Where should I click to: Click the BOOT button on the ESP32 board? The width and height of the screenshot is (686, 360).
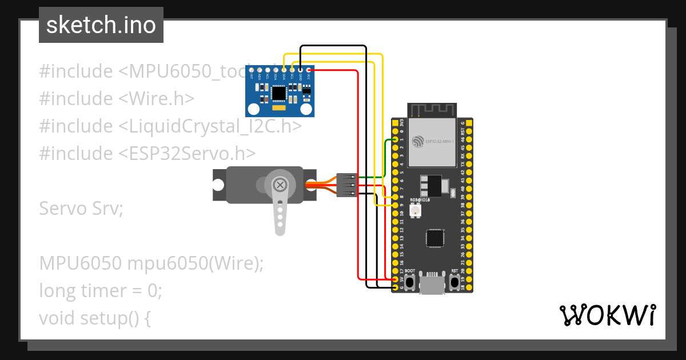tap(410, 281)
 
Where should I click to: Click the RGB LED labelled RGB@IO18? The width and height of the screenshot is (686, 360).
tap(416, 211)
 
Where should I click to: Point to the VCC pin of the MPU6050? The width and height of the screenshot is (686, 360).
tap(309, 70)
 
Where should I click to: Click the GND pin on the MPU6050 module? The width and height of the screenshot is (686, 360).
tap(301, 70)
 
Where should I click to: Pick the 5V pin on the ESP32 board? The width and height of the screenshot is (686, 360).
tap(395, 279)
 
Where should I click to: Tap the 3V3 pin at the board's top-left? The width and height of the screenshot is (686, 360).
tap(395, 123)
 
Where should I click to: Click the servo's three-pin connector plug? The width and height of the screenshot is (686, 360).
tap(347, 185)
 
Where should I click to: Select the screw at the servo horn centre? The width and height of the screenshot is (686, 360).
tap(280, 185)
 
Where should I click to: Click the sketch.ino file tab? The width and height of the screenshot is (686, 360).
tap(101, 25)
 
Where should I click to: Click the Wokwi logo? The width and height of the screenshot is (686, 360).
tap(607, 315)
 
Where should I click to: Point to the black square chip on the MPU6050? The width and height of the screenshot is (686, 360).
tap(279, 93)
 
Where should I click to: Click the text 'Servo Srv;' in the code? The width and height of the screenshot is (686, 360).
tap(81, 209)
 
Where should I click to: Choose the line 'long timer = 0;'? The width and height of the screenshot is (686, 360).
tap(101, 291)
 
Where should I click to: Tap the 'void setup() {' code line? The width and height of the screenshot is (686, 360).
tap(95, 318)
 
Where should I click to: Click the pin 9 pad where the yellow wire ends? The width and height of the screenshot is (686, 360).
tap(395, 204)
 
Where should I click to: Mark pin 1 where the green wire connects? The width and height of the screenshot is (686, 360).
tap(395, 139)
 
